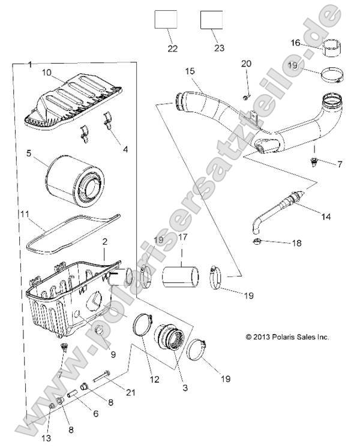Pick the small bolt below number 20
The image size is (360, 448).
pos(246,97)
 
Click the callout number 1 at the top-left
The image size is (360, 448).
pos(31,64)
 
